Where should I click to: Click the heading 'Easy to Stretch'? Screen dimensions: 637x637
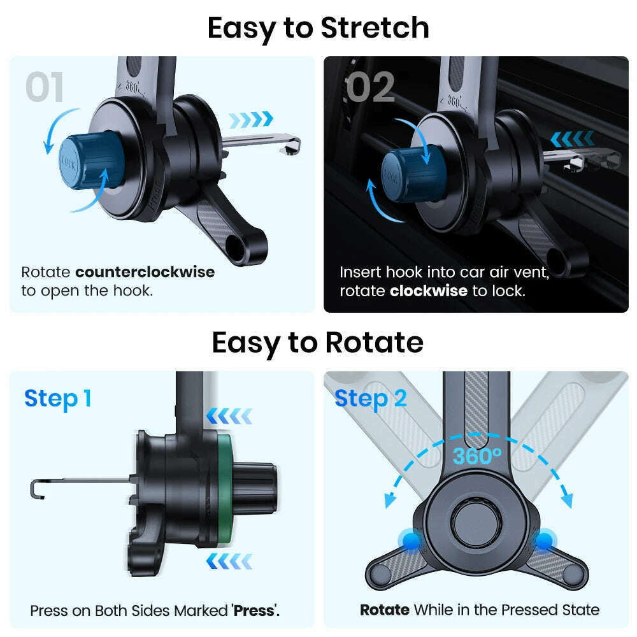(x=318, y=28)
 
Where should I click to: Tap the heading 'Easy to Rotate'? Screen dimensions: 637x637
(x=317, y=343)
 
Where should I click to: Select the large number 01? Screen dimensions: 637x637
(x=45, y=87)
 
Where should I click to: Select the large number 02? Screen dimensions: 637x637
(x=370, y=87)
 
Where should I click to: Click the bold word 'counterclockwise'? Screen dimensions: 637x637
(x=145, y=273)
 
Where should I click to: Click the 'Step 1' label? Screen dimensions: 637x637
(x=58, y=399)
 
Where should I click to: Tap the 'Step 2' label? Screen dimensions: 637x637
(x=370, y=399)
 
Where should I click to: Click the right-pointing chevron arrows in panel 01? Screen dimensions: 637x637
(x=250, y=118)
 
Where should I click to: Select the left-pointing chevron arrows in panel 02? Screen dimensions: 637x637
(x=571, y=139)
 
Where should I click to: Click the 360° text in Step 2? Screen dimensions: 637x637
(x=477, y=455)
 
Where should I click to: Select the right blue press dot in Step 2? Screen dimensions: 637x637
(x=543, y=541)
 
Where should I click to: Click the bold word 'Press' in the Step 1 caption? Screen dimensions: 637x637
(x=254, y=610)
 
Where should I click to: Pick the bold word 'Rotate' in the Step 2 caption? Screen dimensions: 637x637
(x=384, y=610)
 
